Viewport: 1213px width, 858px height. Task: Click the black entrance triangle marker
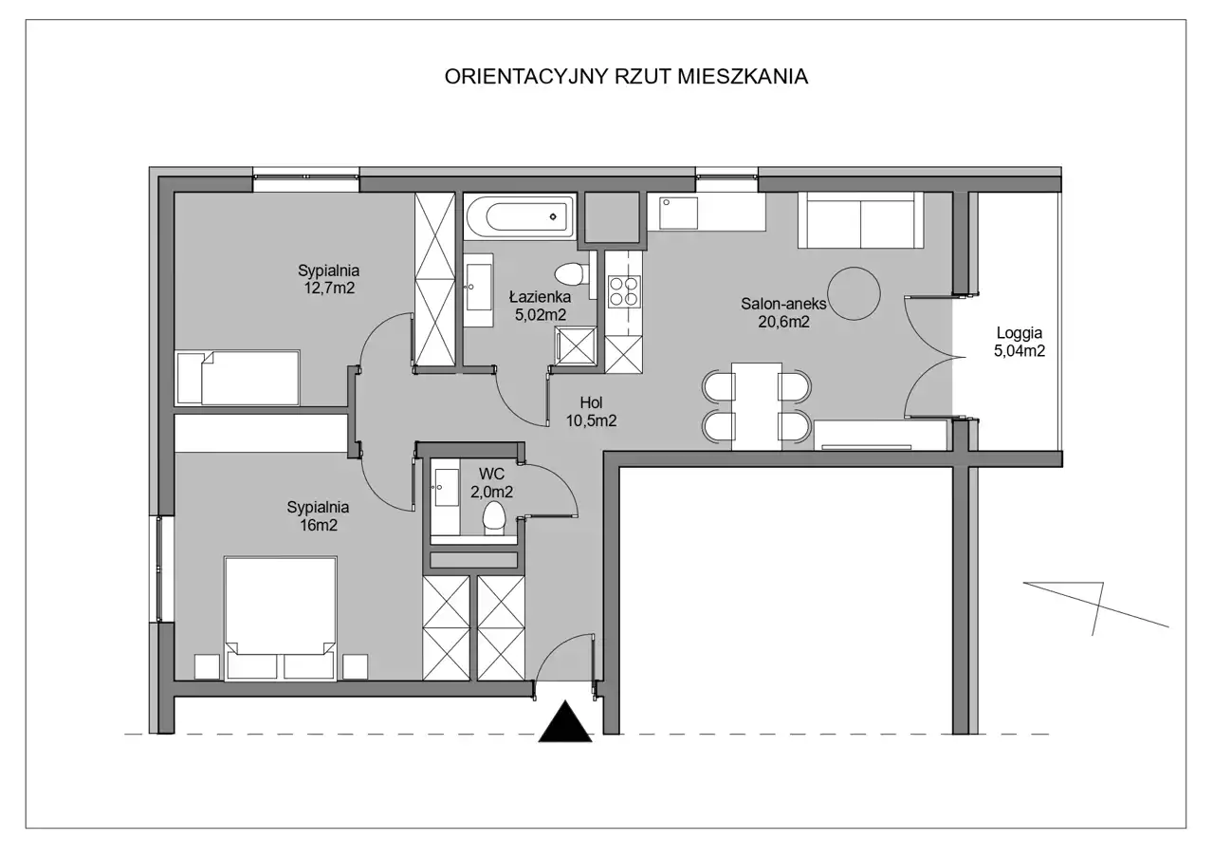(x=565, y=721)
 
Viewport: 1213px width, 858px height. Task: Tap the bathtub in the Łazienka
(x=520, y=216)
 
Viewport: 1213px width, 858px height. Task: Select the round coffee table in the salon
(x=854, y=293)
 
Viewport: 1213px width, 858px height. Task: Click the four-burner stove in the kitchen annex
(x=624, y=291)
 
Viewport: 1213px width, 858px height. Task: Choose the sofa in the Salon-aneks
(x=860, y=219)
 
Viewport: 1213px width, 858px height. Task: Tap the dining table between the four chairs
(x=757, y=406)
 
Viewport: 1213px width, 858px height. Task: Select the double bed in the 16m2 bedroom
(x=280, y=618)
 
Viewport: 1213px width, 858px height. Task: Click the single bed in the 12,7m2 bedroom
(x=238, y=378)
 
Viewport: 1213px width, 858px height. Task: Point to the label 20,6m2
(x=783, y=322)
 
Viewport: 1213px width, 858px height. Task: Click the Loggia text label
(x=1020, y=333)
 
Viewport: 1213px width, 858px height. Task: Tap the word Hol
(x=592, y=402)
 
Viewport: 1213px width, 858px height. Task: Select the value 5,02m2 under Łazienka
(x=541, y=315)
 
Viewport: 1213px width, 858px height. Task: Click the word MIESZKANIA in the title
(x=743, y=77)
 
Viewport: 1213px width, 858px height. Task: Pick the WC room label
(x=491, y=475)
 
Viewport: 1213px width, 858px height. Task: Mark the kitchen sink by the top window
(x=678, y=213)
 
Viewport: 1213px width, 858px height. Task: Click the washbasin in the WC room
(x=446, y=488)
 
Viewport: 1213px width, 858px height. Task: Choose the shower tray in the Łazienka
(x=577, y=345)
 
